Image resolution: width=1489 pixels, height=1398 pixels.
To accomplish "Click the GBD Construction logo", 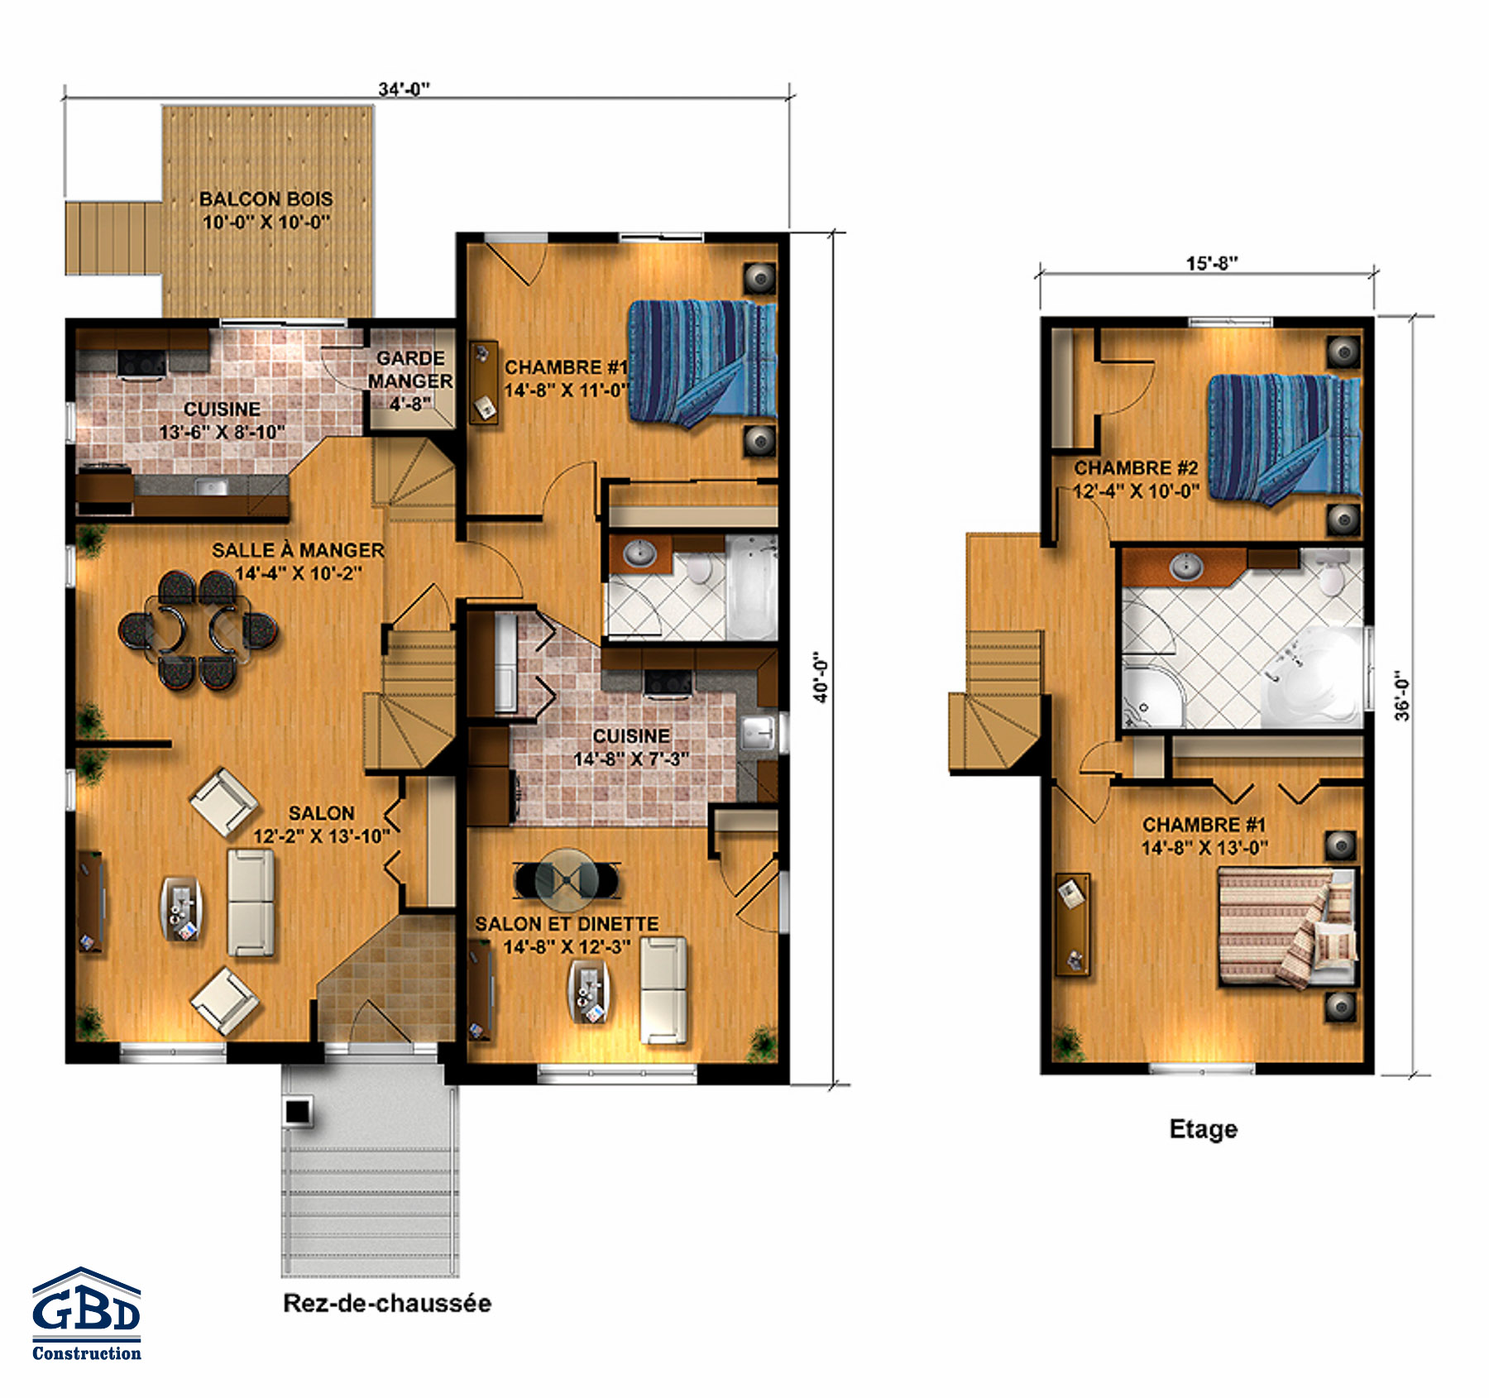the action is [86, 1314].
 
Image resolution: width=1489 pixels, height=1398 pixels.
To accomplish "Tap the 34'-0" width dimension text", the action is [405, 89].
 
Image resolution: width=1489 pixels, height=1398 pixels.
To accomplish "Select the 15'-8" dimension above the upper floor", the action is [1212, 263].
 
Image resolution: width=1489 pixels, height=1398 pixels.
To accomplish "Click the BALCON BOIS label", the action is [266, 199].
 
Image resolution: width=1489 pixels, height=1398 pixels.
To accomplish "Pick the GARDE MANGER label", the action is [410, 370].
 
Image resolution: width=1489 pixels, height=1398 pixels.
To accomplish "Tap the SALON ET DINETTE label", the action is [567, 924].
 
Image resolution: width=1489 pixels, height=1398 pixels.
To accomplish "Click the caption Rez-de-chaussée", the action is [387, 1304].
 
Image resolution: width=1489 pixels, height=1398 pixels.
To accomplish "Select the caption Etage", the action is [1204, 1129].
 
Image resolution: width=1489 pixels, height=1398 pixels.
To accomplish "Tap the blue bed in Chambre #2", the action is [1284, 438].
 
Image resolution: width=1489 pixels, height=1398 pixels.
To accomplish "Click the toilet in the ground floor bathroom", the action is [700, 566].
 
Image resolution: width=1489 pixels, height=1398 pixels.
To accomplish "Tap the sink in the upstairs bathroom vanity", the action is [1187, 567].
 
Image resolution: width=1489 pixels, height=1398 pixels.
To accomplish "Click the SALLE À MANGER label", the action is [298, 550].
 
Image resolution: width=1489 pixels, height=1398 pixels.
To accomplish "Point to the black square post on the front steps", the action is [297, 1110].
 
